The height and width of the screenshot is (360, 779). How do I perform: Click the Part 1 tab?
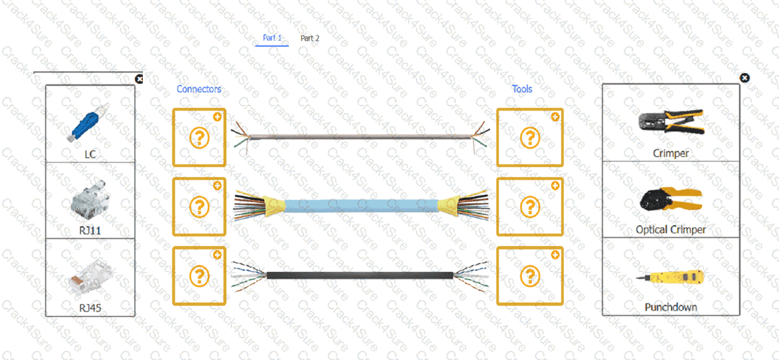pyautogui.click(x=272, y=38)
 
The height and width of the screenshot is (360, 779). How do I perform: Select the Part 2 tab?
pyautogui.click(x=310, y=38)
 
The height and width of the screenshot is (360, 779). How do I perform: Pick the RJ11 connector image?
pyautogui.click(x=89, y=197)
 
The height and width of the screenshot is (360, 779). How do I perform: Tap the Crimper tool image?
pyautogui.click(x=670, y=122)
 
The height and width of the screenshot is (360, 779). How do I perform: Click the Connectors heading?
pyautogui.click(x=199, y=89)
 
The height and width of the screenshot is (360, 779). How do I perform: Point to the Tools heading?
pyautogui.click(x=522, y=89)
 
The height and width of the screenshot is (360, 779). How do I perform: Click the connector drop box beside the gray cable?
pyautogui.click(x=199, y=138)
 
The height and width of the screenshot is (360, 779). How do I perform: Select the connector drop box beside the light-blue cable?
pyautogui.click(x=199, y=207)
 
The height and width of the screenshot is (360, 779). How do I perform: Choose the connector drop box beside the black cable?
pyautogui.click(x=199, y=276)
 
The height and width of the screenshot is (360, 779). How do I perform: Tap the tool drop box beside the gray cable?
pyautogui.click(x=530, y=138)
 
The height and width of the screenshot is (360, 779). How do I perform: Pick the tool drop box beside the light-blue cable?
pyautogui.click(x=530, y=207)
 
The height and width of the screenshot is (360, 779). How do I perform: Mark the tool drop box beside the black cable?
pyautogui.click(x=530, y=276)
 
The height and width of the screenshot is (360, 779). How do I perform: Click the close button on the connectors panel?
pyautogui.click(x=139, y=79)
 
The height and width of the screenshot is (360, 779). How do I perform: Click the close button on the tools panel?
pyautogui.click(x=744, y=78)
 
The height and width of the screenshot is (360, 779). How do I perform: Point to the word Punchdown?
pyautogui.click(x=670, y=307)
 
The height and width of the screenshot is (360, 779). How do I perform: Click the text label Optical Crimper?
pyautogui.click(x=670, y=230)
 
